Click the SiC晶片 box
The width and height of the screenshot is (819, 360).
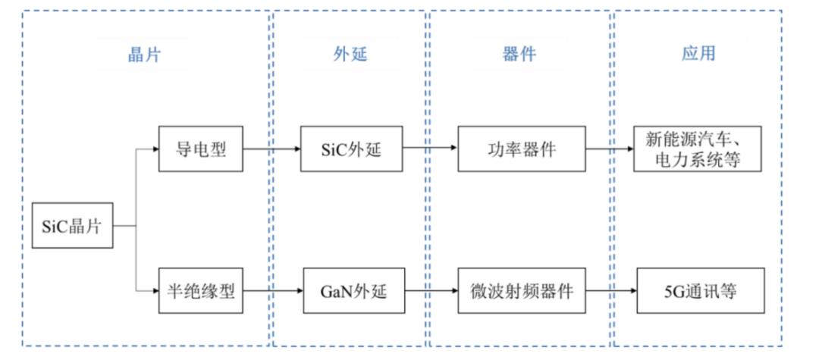click(x=72, y=226)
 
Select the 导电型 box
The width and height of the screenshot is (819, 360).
click(x=201, y=149)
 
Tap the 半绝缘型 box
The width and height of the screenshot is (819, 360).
click(x=201, y=290)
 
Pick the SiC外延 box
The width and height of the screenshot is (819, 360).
click(x=350, y=149)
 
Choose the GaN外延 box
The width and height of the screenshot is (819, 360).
click(x=350, y=290)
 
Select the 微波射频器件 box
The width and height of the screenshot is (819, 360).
click(x=522, y=290)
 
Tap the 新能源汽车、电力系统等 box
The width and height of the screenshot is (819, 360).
click(x=698, y=149)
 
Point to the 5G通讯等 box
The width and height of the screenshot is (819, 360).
click(x=698, y=290)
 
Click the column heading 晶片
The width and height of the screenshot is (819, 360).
click(x=143, y=54)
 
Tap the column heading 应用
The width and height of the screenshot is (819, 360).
click(x=698, y=54)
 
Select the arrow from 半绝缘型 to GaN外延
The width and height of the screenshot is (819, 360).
click(x=273, y=290)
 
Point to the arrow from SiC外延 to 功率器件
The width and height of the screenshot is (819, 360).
click(x=429, y=149)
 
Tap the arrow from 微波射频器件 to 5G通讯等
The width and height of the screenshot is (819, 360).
click(x=611, y=290)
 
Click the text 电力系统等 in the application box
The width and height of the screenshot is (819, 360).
click(x=698, y=160)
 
